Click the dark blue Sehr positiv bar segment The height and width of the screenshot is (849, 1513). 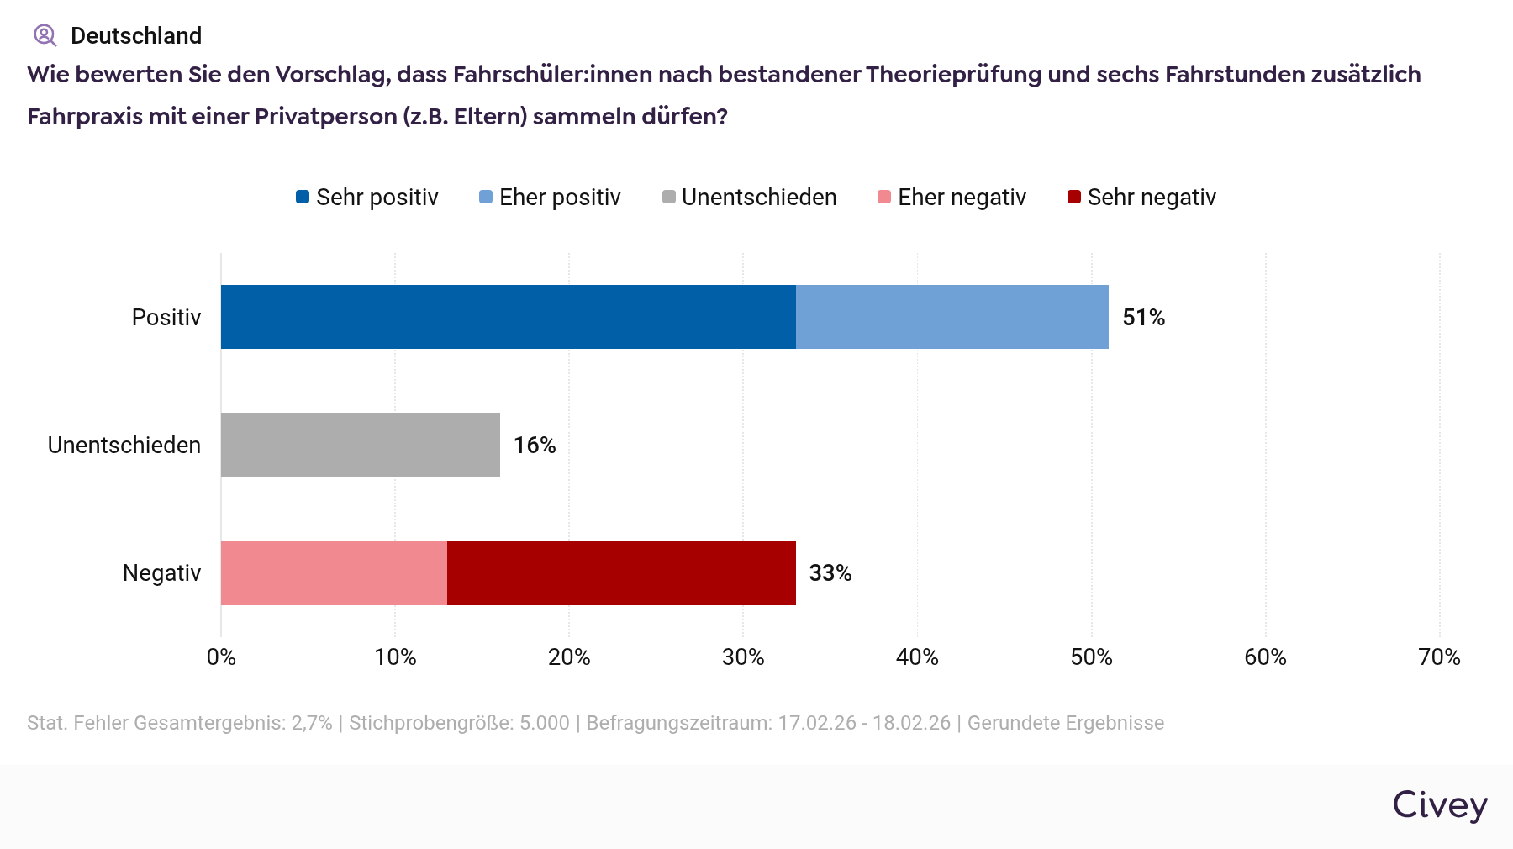click(508, 317)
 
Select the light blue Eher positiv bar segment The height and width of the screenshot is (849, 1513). click(952, 317)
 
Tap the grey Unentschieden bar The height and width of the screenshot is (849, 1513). click(360, 445)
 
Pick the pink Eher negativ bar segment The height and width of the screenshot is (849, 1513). click(334, 573)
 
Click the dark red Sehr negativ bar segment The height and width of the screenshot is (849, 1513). click(621, 573)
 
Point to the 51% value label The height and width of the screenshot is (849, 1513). click(1143, 318)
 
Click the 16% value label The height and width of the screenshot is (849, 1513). click(535, 446)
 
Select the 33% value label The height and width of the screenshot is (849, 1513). click(830, 573)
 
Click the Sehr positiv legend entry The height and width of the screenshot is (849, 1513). click(367, 198)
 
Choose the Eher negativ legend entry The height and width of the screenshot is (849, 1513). click(952, 198)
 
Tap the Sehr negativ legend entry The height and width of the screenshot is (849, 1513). click(1141, 198)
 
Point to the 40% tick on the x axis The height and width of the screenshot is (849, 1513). click(917, 657)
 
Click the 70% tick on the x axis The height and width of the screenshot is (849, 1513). click(1439, 657)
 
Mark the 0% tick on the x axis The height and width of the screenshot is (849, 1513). click(221, 657)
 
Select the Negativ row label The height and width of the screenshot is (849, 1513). click(161, 573)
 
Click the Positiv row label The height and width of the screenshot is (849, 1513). click(166, 318)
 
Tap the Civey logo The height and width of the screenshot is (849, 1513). click(1440, 805)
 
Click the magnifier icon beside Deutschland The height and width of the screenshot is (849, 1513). click(45, 35)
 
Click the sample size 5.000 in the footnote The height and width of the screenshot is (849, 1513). click(544, 723)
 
